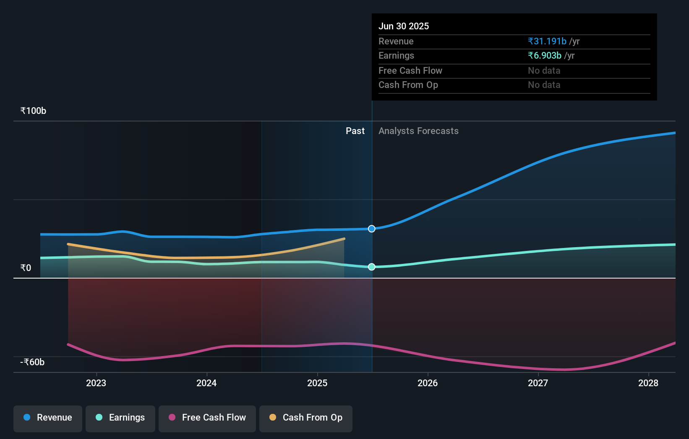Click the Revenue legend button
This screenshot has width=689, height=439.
[x=48, y=418]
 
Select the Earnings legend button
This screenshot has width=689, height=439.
[x=120, y=418]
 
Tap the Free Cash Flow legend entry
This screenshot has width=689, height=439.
[x=207, y=418]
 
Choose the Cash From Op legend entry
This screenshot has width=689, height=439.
[x=306, y=418]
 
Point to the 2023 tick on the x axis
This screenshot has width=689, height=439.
[x=96, y=383]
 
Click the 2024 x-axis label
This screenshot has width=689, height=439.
[x=206, y=383]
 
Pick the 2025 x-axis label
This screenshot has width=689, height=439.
[x=317, y=383]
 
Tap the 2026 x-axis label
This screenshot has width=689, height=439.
[x=428, y=383]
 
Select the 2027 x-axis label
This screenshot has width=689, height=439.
[x=538, y=383]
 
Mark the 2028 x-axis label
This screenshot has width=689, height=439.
[x=648, y=383]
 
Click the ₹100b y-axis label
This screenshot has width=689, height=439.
[x=33, y=111]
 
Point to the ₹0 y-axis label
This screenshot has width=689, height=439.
[x=26, y=268]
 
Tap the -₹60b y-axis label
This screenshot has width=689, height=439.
[x=32, y=362]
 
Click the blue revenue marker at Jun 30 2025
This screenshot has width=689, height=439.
[x=372, y=229]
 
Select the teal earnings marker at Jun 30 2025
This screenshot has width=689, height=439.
[x=372, y=267]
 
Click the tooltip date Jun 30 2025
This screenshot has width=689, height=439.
[x=404, y=26]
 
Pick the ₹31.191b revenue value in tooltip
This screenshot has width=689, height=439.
[x=547, y=41]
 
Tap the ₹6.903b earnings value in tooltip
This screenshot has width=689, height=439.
[x=545, y=56]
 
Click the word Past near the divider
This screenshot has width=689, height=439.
[x=355, y=131]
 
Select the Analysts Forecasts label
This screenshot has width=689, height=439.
[x=418, y=131]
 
